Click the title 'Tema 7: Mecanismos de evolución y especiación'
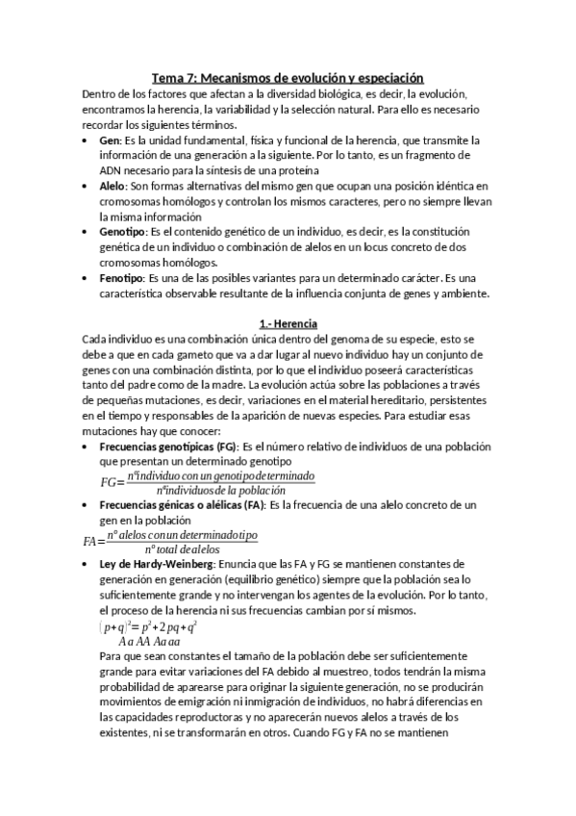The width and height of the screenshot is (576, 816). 288,78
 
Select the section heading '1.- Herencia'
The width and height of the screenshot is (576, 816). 288,323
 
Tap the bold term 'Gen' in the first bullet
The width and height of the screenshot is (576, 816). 109,140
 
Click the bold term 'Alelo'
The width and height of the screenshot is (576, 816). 113,185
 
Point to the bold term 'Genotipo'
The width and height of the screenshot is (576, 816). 121,232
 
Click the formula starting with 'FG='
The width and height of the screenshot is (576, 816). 207,482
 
